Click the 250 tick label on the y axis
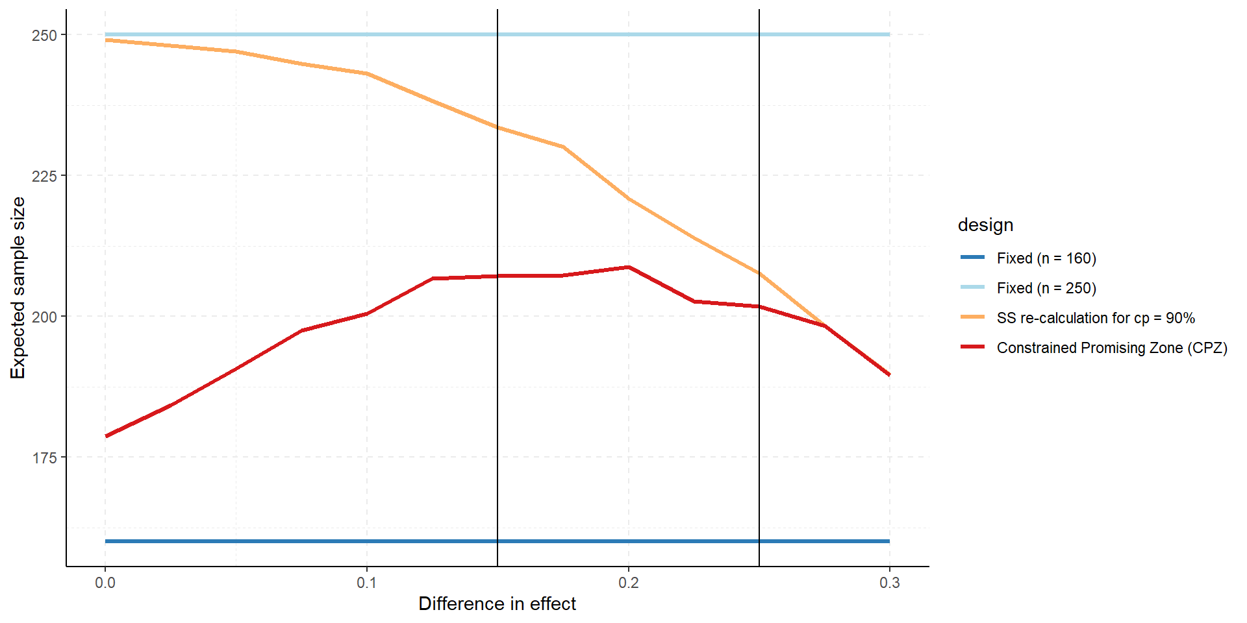(x=44, y=35)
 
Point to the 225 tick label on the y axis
(x=44, y=176)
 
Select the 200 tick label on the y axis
(x=44, y=317)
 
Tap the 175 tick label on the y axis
(x=44, y=458)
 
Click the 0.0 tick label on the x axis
(x=105, y=583)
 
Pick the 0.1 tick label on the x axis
(x=367, y=583)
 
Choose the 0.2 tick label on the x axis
(x=629, y=583)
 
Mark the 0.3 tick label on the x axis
(x=890, y=583)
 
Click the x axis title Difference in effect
(x=497, y=604)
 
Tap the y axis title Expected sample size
(x=18, y=288)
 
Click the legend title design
(x=985, y=225)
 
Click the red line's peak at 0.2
(x=629, y=267)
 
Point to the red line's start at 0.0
(x=106, y=436)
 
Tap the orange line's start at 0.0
(x=106, y=40)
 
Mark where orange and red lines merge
(x=825, y=325)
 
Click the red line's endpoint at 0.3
(x=889, y=374)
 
